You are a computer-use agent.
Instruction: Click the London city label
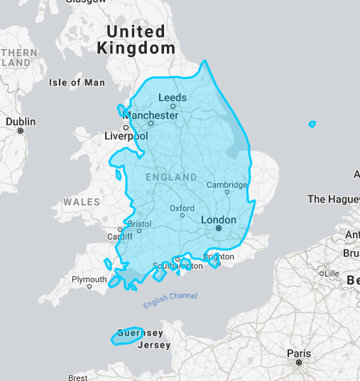[219, 220]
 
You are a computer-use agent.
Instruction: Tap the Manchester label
[151, 115]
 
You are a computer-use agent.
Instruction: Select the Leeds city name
[173, 97]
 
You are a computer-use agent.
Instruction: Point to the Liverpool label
[126, 136]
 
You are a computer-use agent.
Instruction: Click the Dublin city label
[21, 122]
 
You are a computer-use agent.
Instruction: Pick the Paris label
[299, 353]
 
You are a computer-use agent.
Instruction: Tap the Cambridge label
[227, 185]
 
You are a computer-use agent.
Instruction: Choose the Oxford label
[182, 208]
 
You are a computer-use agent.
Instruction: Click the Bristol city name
[140, 223]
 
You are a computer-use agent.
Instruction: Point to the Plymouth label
[89, 279]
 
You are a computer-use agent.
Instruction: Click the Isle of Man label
[77, 82]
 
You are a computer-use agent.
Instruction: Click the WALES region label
[82, 202]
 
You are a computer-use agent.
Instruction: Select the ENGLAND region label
[170, 176]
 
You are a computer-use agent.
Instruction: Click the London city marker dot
[219, 228]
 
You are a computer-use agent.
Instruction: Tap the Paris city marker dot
[299, 363]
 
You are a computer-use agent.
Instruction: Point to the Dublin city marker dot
[21, 131]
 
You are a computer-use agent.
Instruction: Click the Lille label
[331, 273]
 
